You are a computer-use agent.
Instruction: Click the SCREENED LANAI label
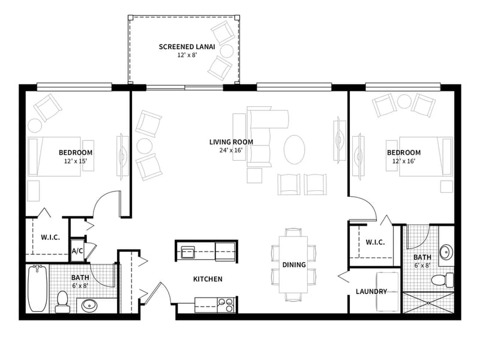point(187,47)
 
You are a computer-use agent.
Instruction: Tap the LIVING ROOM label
point(231,142)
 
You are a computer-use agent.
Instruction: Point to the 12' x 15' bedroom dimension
point(76,161)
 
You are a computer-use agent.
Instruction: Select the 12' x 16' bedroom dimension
point(404,161)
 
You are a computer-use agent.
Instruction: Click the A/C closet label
point(77,251)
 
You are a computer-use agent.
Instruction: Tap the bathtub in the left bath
point(37,288)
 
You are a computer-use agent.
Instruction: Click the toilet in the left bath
point(62,302)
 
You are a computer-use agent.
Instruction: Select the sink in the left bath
point(89,305)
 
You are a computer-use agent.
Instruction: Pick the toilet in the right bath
point(443,280)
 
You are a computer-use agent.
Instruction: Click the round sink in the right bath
point(446,251)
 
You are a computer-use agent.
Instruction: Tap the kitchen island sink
point(187,252)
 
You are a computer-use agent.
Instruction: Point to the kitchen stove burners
point(226,305)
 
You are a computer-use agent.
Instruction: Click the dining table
point(293,264)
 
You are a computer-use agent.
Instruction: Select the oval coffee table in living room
point(294,149)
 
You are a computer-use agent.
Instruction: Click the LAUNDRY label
point(371,292)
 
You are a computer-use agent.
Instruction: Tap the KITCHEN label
point(208,279)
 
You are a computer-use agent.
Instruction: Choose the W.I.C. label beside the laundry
point(376,242)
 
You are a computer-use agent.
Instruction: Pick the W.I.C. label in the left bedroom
point(50,237)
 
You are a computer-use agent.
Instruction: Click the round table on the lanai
point(227,51)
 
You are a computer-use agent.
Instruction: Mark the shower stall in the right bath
point(428,302)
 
